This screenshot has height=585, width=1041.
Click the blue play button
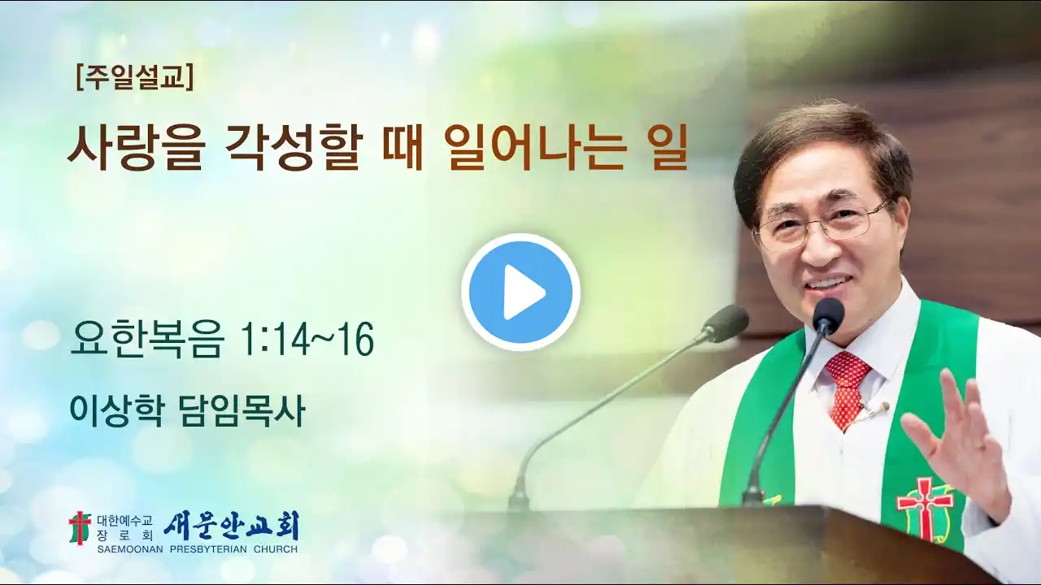point(520,292)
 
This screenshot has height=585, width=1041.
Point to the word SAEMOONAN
point(130,549)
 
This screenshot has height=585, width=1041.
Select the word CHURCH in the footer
point(276,549)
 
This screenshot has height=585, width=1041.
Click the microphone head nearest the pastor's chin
point(828,314)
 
